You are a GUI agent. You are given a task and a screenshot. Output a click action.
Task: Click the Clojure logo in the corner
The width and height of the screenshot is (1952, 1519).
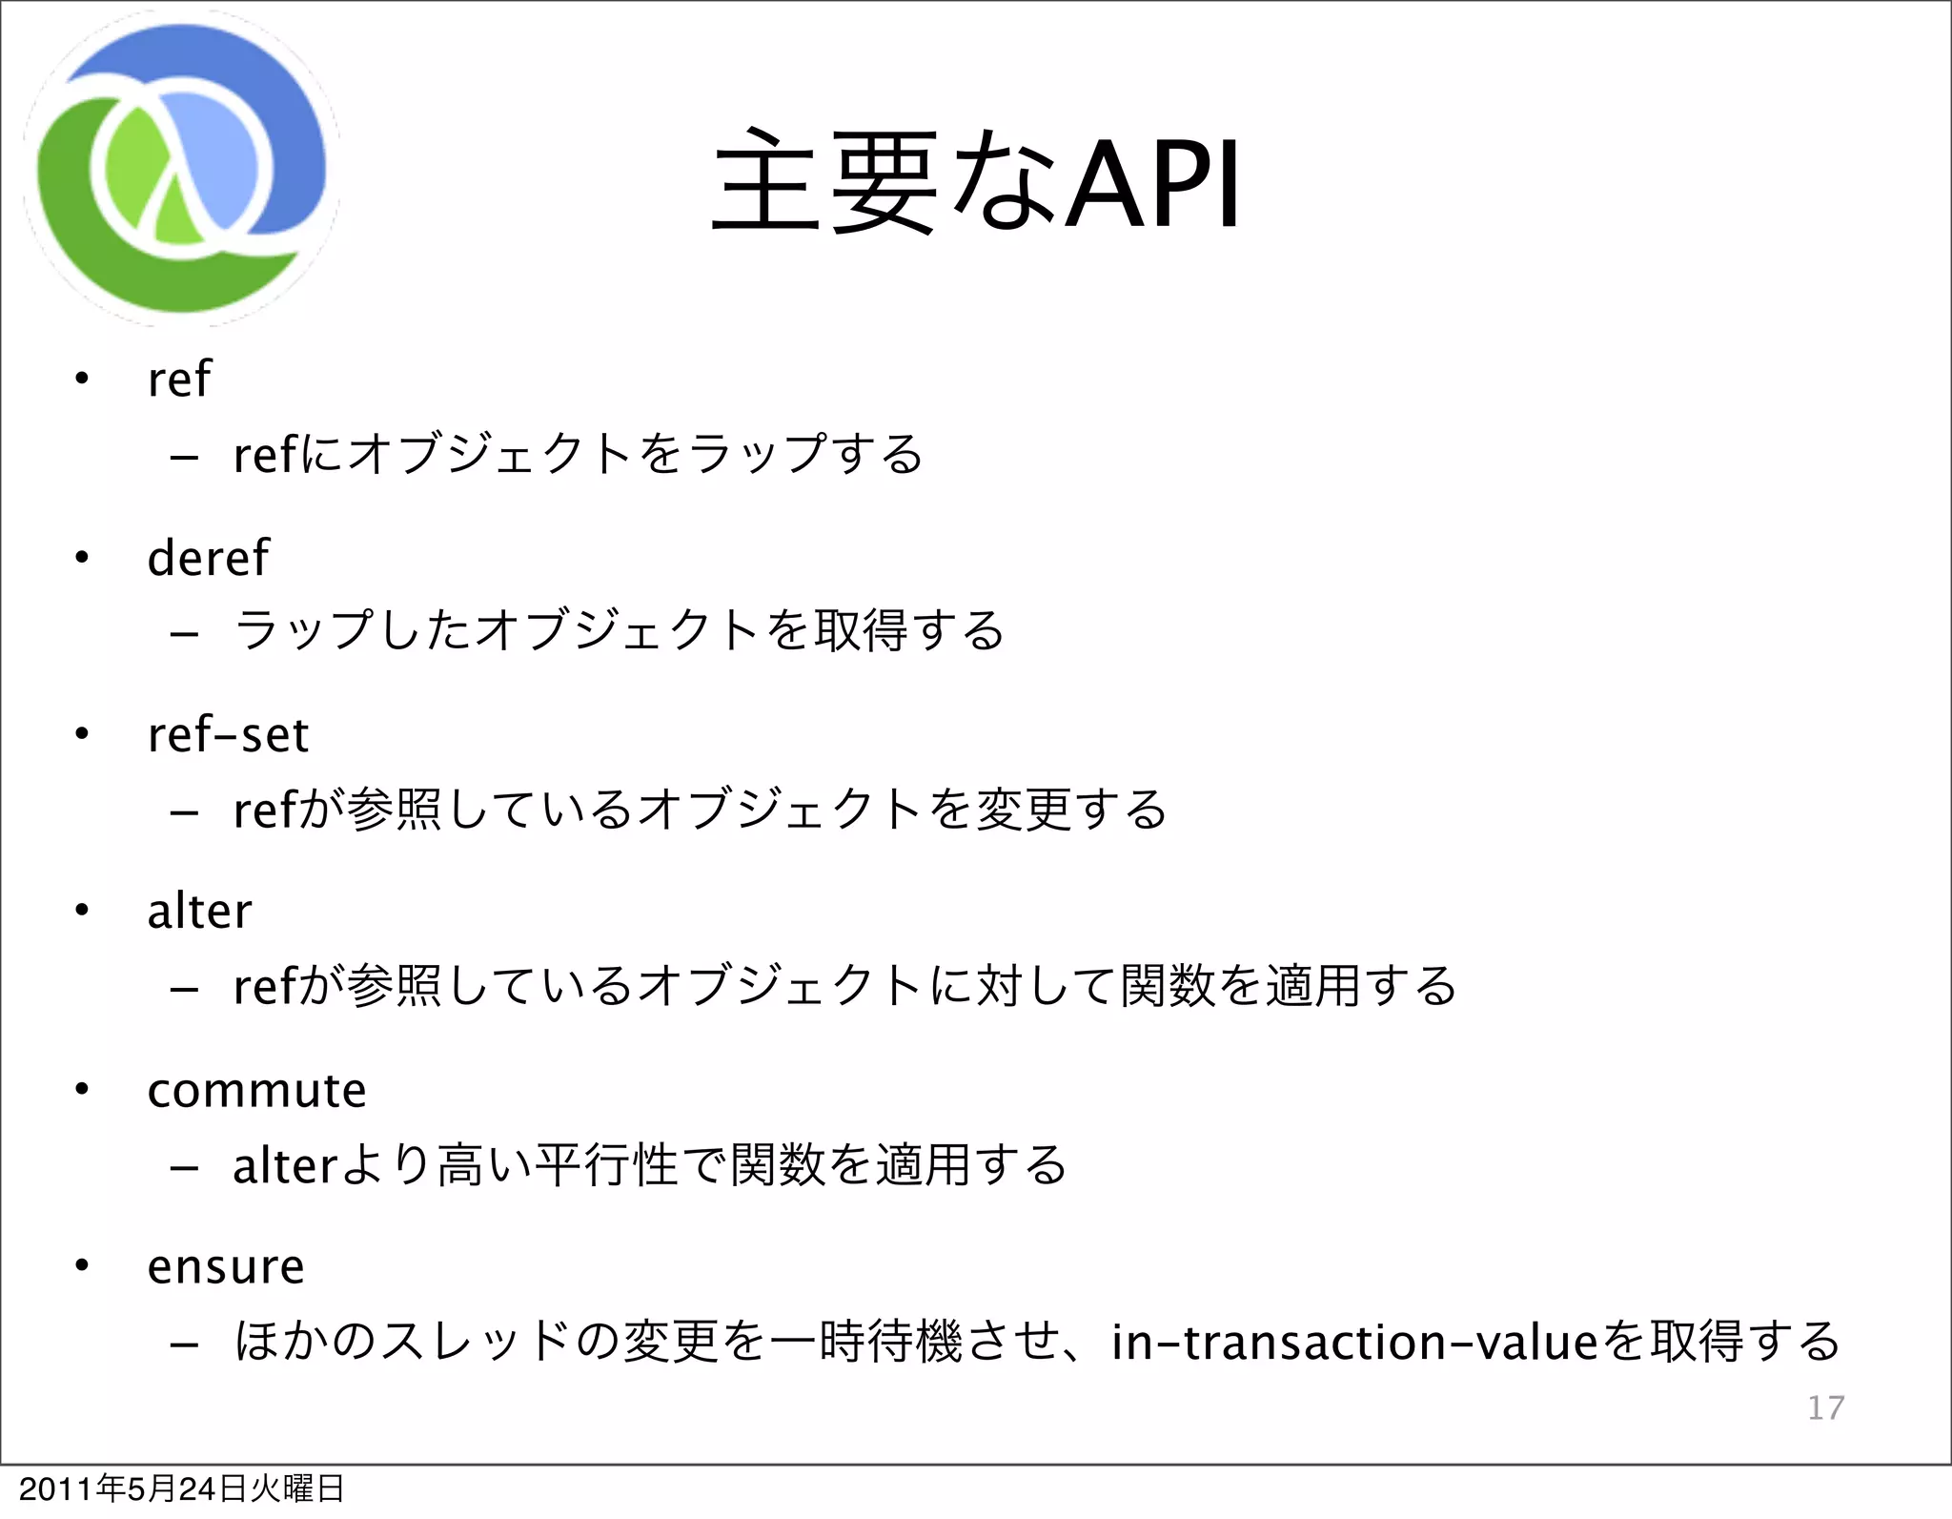click(x=181, y=170)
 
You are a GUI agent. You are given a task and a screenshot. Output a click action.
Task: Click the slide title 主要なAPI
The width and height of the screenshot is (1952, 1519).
click(x=976, y=183)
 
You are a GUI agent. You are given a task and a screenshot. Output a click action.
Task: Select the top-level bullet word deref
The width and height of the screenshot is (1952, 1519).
click(x=208, y=558)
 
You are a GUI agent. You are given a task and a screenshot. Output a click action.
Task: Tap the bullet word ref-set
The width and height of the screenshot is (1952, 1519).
click(x=228, y=735)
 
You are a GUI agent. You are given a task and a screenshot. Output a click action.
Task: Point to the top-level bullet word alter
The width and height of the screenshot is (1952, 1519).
click(x=199, y=912)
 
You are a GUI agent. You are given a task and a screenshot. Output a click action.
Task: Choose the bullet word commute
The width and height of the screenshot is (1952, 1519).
click(x=256, y=1090)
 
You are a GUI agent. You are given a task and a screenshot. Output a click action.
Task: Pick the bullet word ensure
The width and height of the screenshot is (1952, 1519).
click(x=226, y=1267)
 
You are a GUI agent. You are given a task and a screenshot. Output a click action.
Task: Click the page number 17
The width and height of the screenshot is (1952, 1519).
click(x=1825, y=1407)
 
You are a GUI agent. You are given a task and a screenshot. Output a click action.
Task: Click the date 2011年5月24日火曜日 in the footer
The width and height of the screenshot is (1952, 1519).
click(x=181, y=1488)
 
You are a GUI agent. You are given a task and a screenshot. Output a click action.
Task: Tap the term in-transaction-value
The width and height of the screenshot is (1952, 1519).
click(x=1353, y=1342)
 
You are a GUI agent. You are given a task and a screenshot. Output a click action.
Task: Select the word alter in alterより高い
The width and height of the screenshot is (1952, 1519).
click(x=285, y=1165)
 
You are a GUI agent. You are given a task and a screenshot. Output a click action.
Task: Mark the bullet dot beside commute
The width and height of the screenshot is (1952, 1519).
click(x=82, y=1089)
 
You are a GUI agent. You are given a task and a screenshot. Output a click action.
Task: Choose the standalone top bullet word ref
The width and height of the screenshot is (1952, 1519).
click(x=178, y=380)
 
